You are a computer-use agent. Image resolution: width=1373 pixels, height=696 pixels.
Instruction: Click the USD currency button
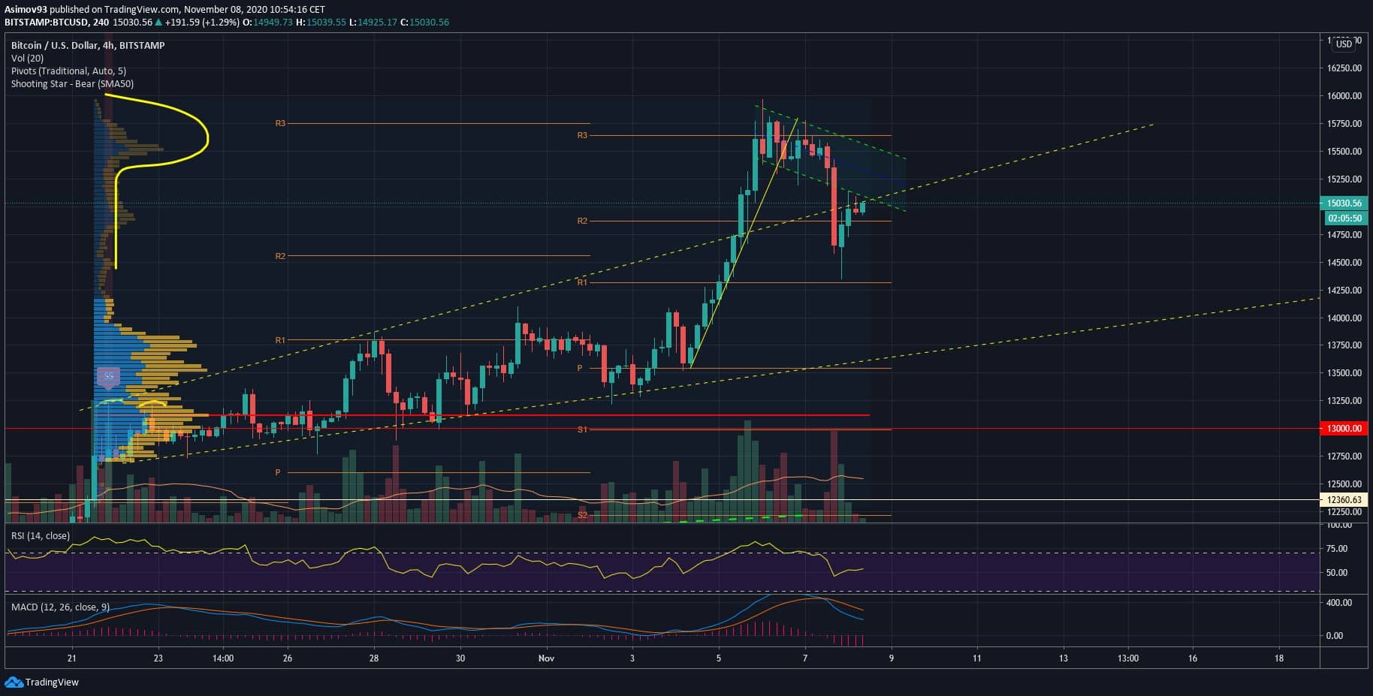[1344, 44]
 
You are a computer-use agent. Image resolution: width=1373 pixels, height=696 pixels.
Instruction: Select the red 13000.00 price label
[1344, 429]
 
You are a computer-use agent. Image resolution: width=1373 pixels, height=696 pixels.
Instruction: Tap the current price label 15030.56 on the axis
[1344, 203]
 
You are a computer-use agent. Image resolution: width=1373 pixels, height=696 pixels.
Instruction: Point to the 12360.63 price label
[1344, 499]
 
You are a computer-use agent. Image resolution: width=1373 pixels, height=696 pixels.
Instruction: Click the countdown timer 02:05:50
[1344, 218]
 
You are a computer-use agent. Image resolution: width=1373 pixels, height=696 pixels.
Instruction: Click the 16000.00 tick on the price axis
[1344, 96]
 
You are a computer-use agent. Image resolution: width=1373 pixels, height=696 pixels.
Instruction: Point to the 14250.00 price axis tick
[1344, 291]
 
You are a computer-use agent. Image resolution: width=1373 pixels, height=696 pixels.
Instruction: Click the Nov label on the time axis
[546, 658]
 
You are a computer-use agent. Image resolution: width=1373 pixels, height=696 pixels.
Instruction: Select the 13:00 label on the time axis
[1127, 658]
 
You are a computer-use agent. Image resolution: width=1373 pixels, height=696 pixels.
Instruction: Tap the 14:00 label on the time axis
[223, 658]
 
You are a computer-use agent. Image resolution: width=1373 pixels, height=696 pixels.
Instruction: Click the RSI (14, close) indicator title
[40, 536]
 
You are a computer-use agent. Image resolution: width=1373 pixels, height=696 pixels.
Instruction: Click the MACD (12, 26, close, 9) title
[60, 607]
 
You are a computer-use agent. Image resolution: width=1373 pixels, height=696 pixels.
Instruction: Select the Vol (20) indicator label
[27, 59]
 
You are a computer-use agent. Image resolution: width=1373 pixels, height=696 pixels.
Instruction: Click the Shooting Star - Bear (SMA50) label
[72, 84]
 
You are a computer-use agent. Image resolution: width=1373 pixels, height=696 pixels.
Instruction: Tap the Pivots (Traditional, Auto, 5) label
[68, 71]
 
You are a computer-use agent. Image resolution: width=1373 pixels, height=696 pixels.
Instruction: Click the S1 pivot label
[582, 429]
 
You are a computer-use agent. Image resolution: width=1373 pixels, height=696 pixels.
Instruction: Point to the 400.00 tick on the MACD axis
[1340, 603]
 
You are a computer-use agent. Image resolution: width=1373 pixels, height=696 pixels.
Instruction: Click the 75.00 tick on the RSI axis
[1337, 549]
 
